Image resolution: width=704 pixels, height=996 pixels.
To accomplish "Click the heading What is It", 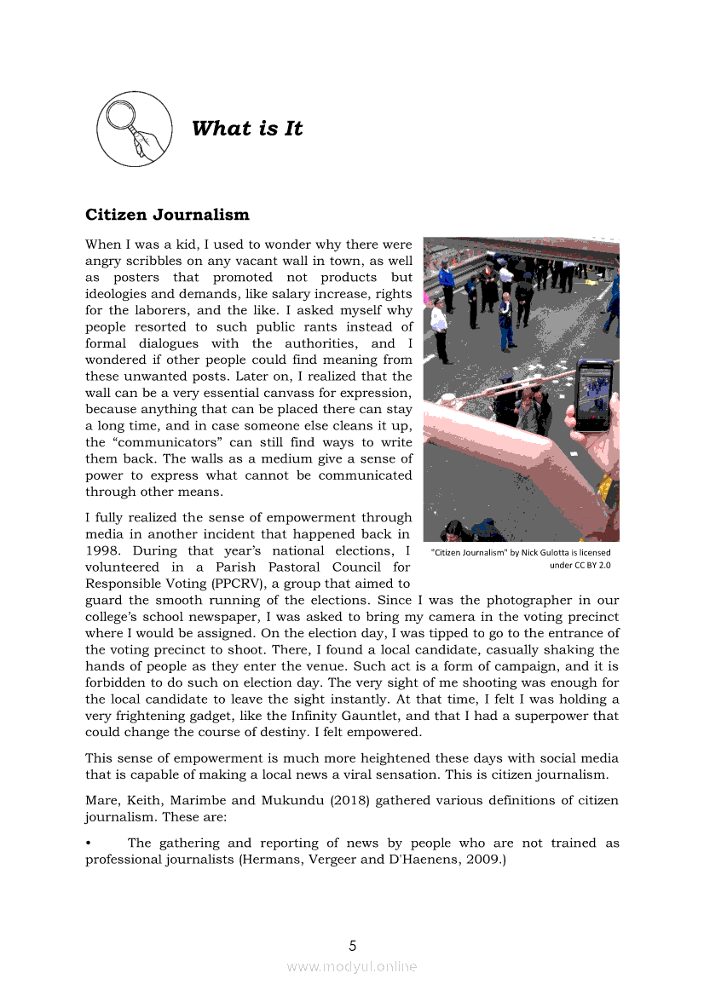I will (247, 129).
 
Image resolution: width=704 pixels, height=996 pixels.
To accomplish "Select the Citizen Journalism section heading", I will (167, 214).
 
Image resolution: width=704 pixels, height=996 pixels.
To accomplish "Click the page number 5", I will (352, 945).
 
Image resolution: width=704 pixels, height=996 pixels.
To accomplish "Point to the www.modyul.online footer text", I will (352, 966).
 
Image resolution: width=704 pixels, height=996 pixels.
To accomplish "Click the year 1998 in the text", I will (102, 550).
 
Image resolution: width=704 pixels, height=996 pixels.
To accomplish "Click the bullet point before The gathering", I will (89, 843).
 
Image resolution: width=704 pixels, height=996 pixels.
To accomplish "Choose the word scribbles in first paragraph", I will (168, 261).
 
